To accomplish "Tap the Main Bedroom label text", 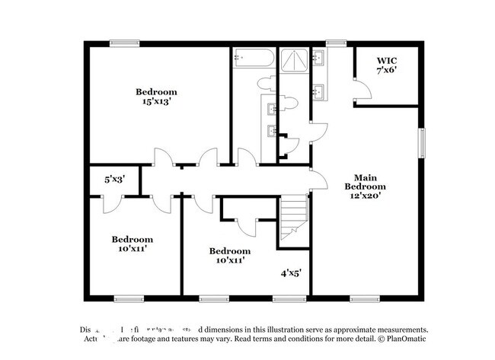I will click(x=365, y=181).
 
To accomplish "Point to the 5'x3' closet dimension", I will click(x=114, y=180).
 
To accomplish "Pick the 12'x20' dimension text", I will click(x=365, y=196).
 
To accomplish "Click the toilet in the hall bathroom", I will click(x=267, y=82).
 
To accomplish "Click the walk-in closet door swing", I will click(x=363, y=90).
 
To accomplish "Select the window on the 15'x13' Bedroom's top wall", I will click(x=123, y=43).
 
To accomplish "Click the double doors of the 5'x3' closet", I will click(x=113, y=204).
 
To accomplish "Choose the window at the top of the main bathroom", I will click(x=334, y=43).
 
